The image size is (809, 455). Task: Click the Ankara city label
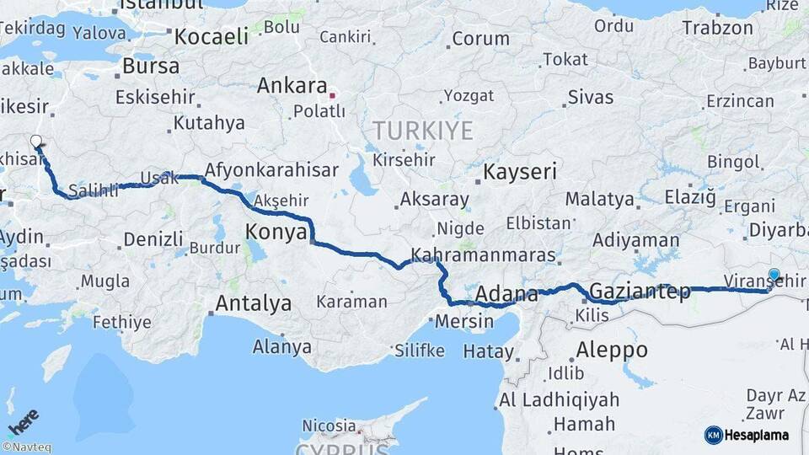point(292,86)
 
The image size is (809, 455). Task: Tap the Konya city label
point(276,233)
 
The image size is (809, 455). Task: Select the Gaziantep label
point(640,292)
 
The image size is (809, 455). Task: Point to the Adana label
point(506,295)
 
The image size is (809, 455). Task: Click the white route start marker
point(36,142)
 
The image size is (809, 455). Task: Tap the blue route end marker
point(774,274)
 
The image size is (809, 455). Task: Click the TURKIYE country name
point(423,130)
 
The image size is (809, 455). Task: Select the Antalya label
point(254,302)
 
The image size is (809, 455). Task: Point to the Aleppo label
point(612,349)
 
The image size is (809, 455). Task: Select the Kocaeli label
point(211,36)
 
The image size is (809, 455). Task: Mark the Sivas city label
point(590,96)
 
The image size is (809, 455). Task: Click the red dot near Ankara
point(333,95)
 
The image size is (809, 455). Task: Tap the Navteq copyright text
point(26,447)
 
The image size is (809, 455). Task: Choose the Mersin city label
point(464,321)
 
